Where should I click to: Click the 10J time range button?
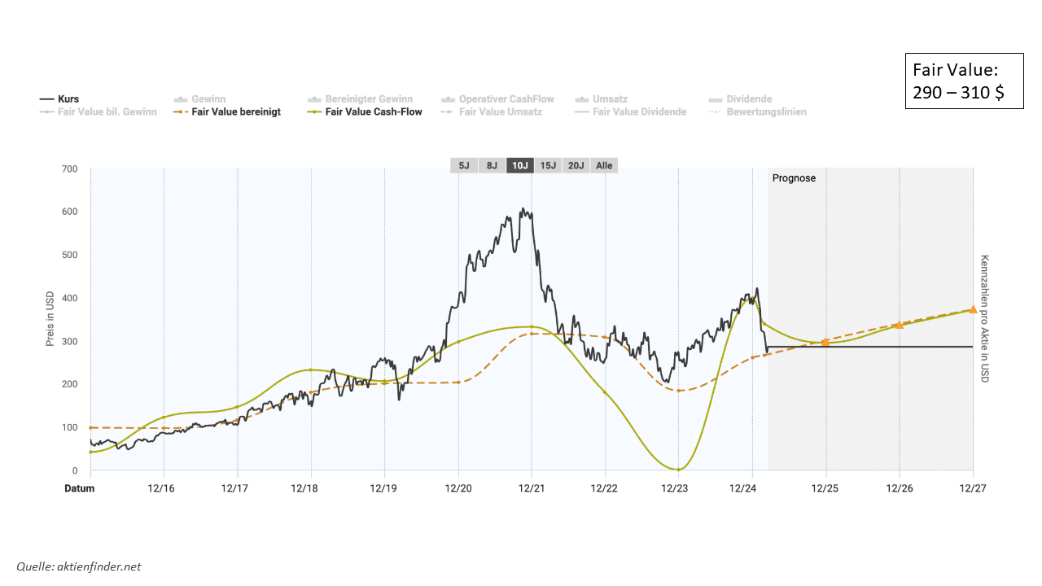pyautogui.click(x=519, y=165)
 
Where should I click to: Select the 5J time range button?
pyautogui.click(x=464, y=165)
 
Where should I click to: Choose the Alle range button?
pyautogui.click(x=604, y=165)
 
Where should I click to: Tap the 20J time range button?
pyautogui.click(x=576, y=165)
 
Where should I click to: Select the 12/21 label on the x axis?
pyautogui.click(x=532, y=488)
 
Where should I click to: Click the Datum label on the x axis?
pyautogui.click(x=80, y=488)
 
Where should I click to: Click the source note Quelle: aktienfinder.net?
pyautogui.click(x=78, y=566)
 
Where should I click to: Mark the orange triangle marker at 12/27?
pyautogui.click(x=973, y=309)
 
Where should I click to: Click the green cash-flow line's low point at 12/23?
pyautogui.click(x=678, y=469)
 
